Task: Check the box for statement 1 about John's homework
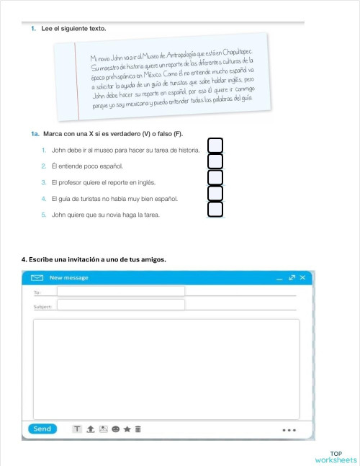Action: (215, 146)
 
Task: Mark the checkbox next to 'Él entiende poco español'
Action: (215, 161)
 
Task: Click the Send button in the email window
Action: (42, 429)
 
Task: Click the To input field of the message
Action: (120, 291)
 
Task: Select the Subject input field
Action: (120, 305)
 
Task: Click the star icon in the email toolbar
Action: (127, 429)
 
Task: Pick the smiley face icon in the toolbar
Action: (115, 429)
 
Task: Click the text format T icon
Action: (77, 429)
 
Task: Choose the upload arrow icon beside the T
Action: (90, 429)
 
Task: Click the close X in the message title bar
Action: (303, 277)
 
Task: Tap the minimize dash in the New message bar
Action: (279, 278)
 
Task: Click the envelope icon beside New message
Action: (36, 277)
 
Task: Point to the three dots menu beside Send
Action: (289, 430)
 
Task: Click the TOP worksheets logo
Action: (336, 457)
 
